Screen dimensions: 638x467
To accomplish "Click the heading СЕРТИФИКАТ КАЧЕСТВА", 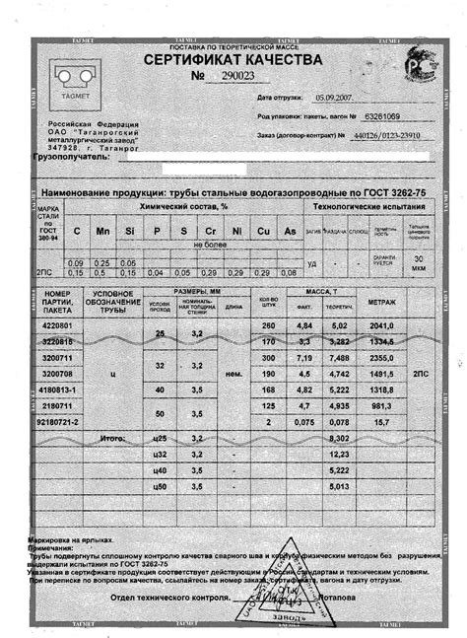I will coord(233,60).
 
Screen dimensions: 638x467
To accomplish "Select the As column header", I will coord(290,230).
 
